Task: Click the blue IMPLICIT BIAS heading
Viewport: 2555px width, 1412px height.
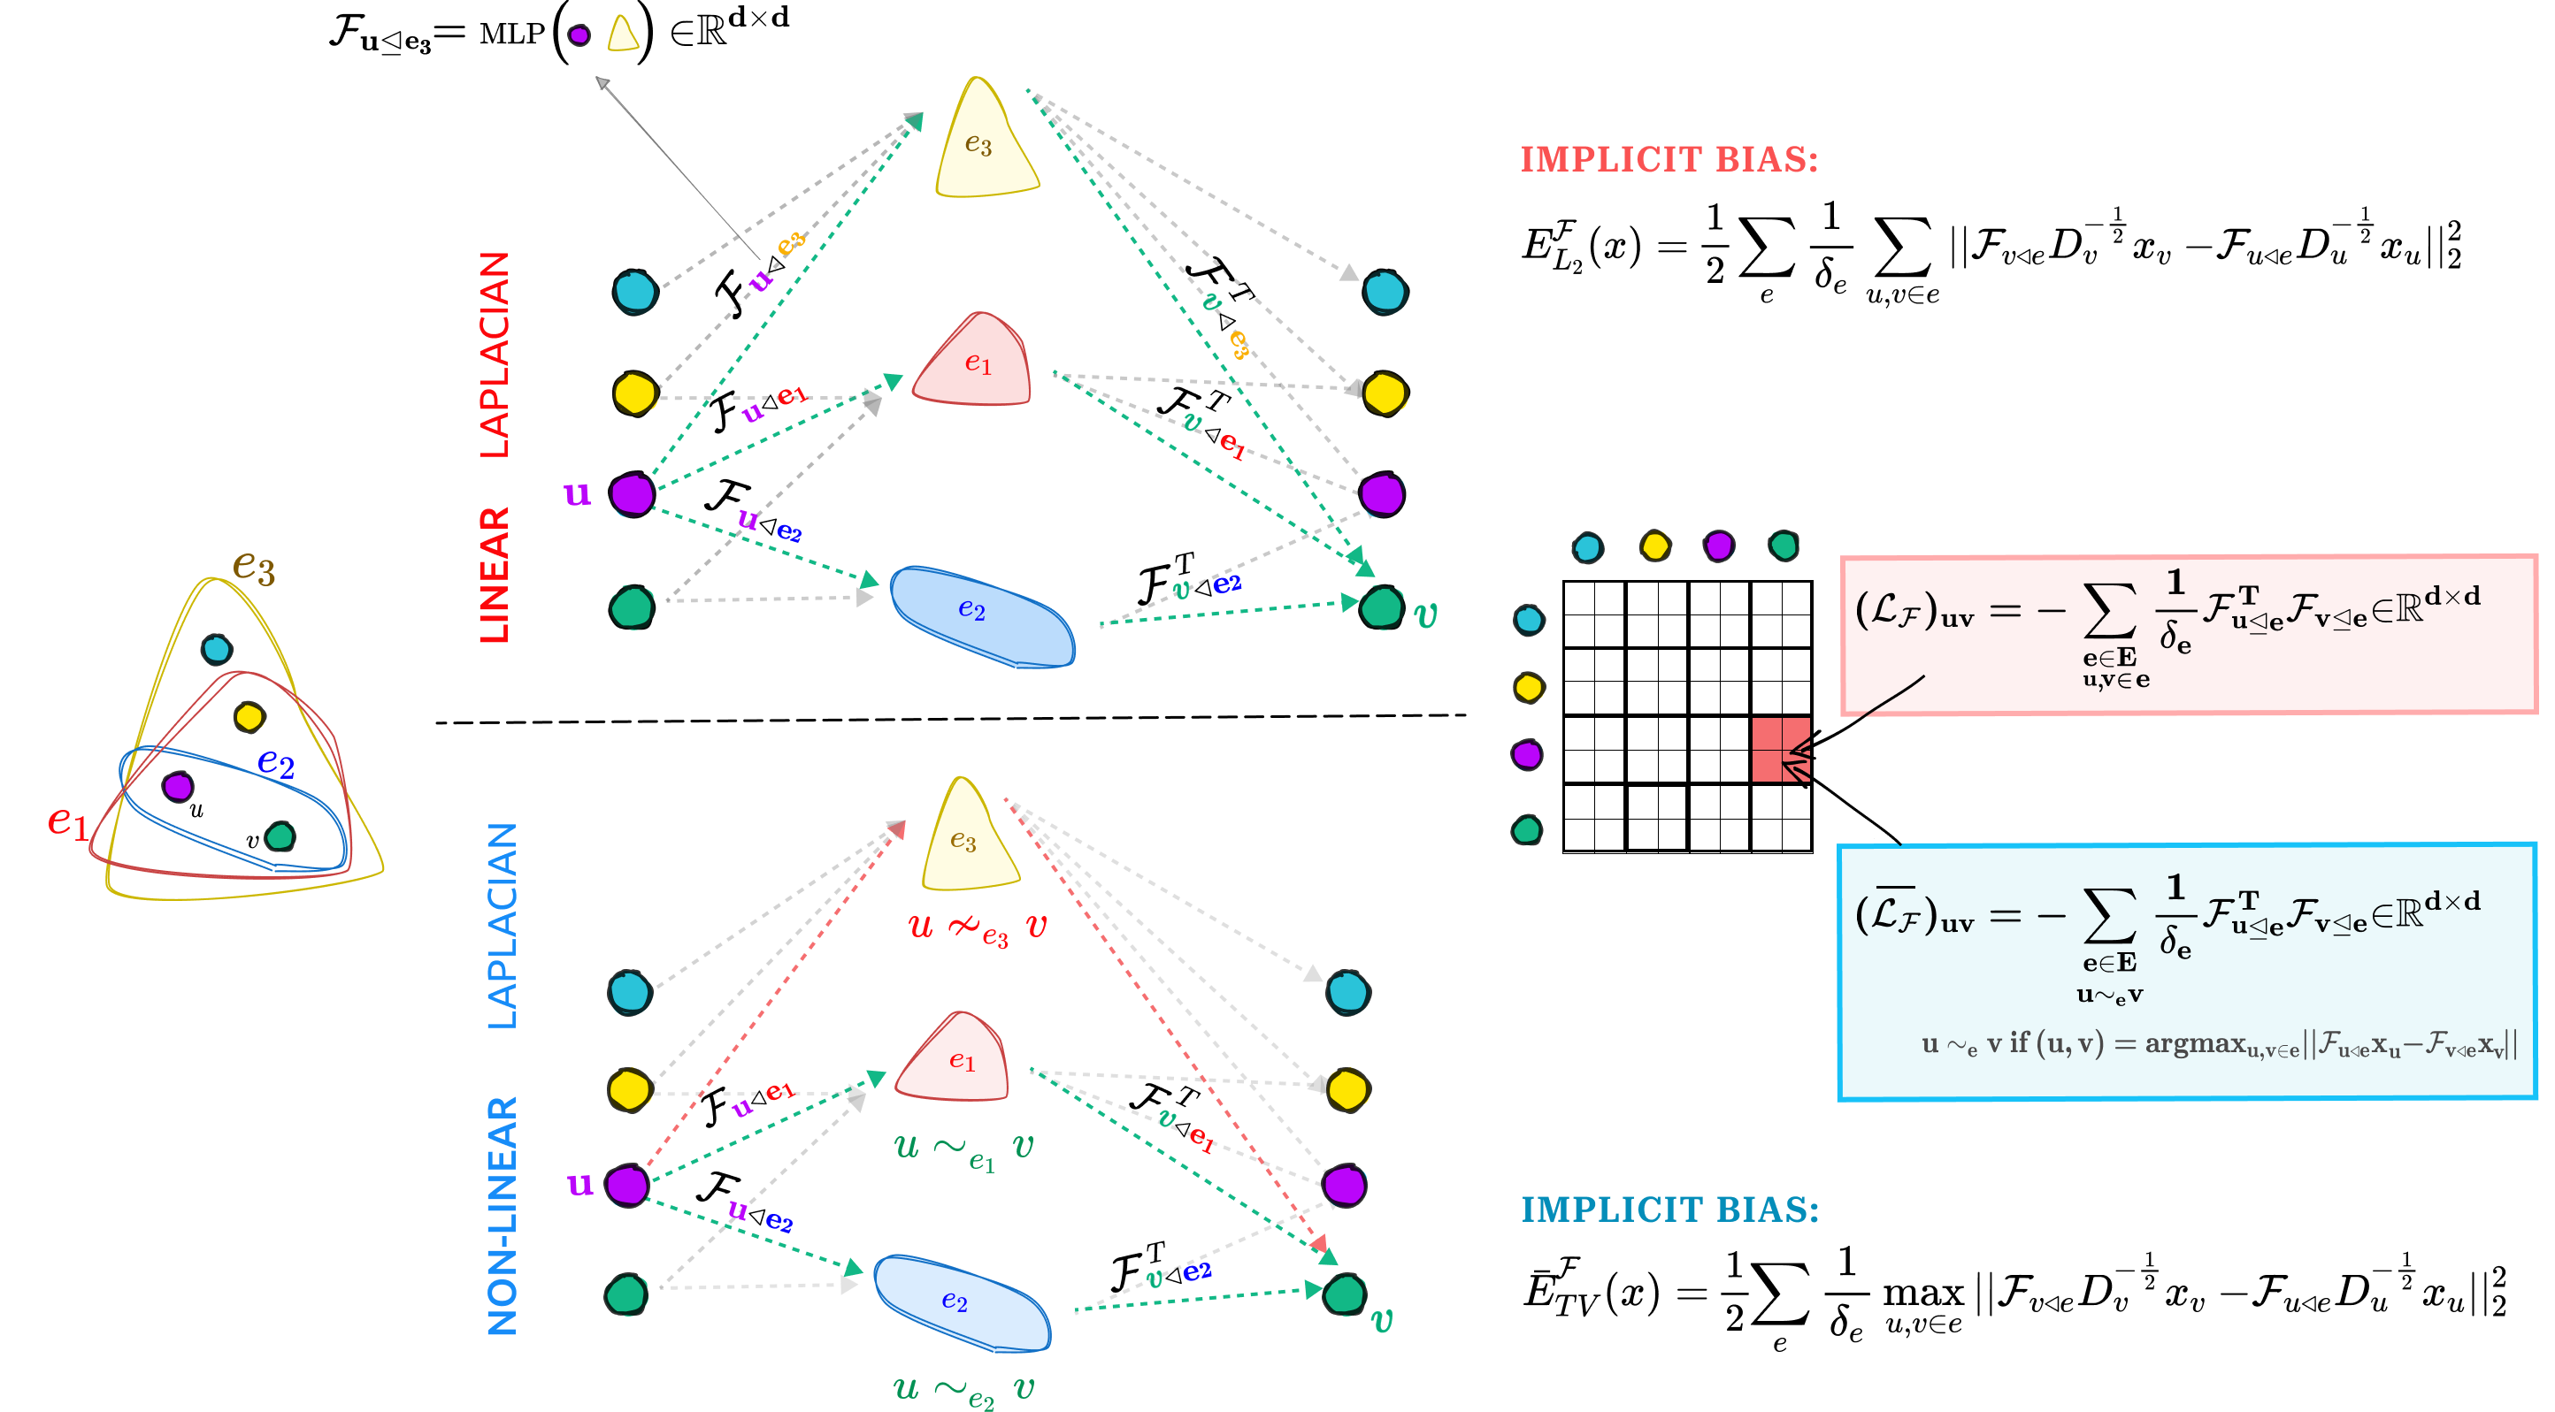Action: [x=1670, y=1210]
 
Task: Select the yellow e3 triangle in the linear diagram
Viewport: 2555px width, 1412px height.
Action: [x=984, y=144]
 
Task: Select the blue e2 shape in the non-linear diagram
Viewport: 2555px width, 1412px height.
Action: [x=960, y=1303]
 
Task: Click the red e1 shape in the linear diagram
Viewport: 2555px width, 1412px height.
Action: [x=974, y=363]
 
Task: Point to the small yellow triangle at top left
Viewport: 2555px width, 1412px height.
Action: [x=623, y=34]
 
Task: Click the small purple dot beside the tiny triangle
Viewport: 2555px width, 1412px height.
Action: [x=579, y=35]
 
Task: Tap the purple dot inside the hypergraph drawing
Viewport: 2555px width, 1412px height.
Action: [x=179, y=787]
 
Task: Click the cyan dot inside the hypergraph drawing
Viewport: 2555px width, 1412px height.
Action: [x=216, y=650]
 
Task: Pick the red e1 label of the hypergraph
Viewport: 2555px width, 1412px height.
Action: [x=67, y=821]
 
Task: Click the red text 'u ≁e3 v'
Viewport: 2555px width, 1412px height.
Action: [x=977, y=928]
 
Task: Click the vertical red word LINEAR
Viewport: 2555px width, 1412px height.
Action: [x=494, y=575]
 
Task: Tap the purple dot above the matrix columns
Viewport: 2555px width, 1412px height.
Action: [x=1719, y=546]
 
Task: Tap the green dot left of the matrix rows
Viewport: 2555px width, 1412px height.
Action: [x=1528, y=830]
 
